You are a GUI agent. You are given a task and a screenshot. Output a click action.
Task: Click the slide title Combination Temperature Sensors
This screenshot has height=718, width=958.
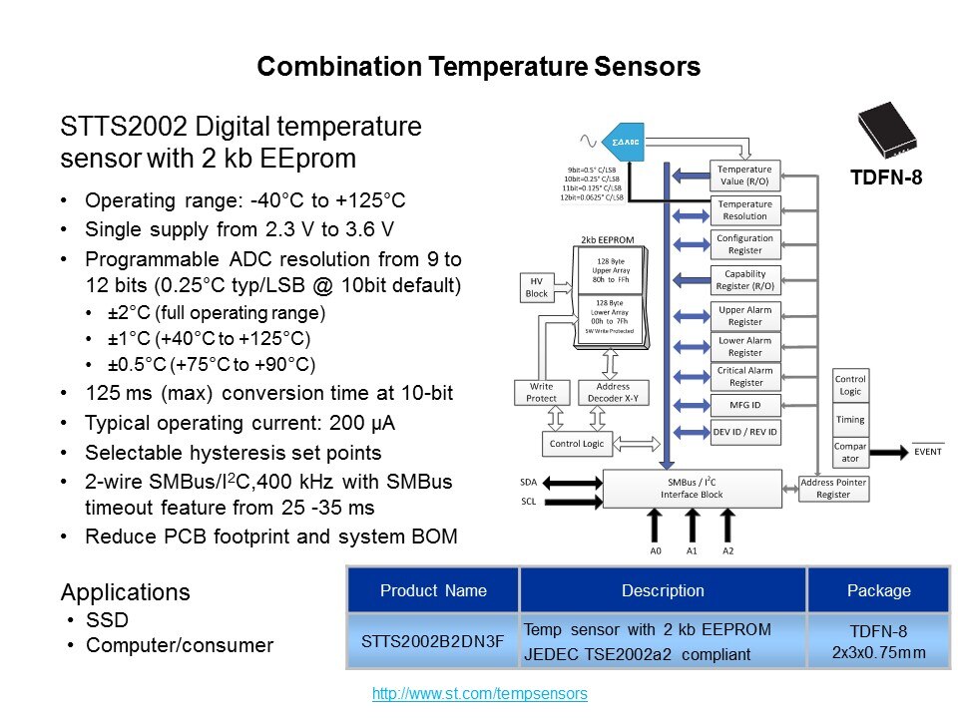click(478, 67)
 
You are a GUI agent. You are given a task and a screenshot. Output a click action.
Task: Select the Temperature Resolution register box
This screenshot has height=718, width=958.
click(744, 209)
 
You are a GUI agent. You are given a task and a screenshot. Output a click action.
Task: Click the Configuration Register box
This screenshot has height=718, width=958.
click(744, 244)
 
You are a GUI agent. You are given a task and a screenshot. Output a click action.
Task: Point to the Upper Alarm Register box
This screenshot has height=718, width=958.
click(744, 316)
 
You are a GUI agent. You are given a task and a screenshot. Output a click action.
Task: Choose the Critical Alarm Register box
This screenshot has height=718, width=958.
click(744, 376)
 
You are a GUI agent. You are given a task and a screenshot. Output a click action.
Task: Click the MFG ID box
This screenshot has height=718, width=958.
click(744, 405)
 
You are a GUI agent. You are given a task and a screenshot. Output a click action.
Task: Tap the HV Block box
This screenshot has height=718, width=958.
click(537, 287)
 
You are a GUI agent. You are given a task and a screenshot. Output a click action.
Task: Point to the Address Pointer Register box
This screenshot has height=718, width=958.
click(833, 488)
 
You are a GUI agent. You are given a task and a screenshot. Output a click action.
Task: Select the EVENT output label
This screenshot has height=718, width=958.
click(927, 452)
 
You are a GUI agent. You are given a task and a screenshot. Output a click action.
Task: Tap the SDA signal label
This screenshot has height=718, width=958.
click(529, 481)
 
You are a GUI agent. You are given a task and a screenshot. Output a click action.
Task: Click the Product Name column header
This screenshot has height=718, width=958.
click(433, 590)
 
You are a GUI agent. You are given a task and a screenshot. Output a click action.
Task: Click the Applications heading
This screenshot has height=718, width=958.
click(126, 592)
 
